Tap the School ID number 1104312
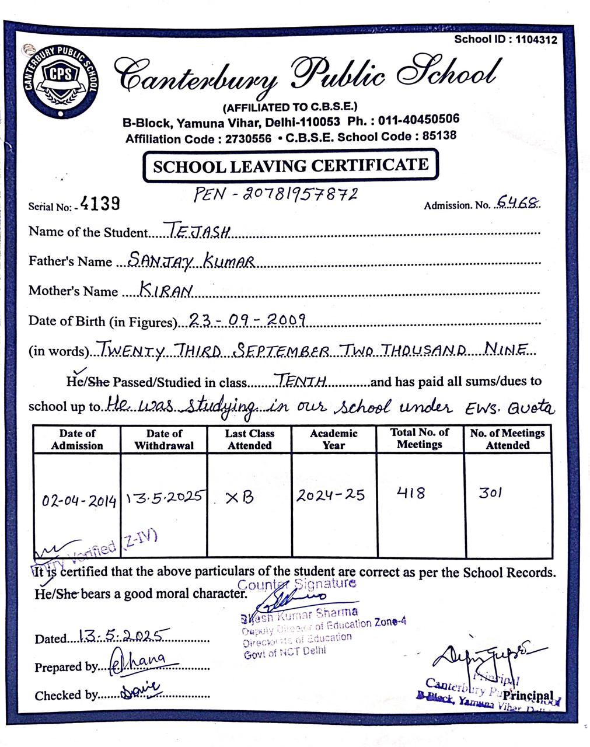coord(536,40)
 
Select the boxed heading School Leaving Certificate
coord(290,166)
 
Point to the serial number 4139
coord(100,203)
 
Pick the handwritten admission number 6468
coord(517,203)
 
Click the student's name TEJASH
coord(200,231)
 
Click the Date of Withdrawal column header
coord(164,439)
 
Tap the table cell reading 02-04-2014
coord(79,500)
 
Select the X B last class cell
coord(240,498)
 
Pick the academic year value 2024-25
coord(330,495)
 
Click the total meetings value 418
coord(411,493)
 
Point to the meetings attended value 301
coord(490,493)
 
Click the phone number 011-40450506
coord(418,120)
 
